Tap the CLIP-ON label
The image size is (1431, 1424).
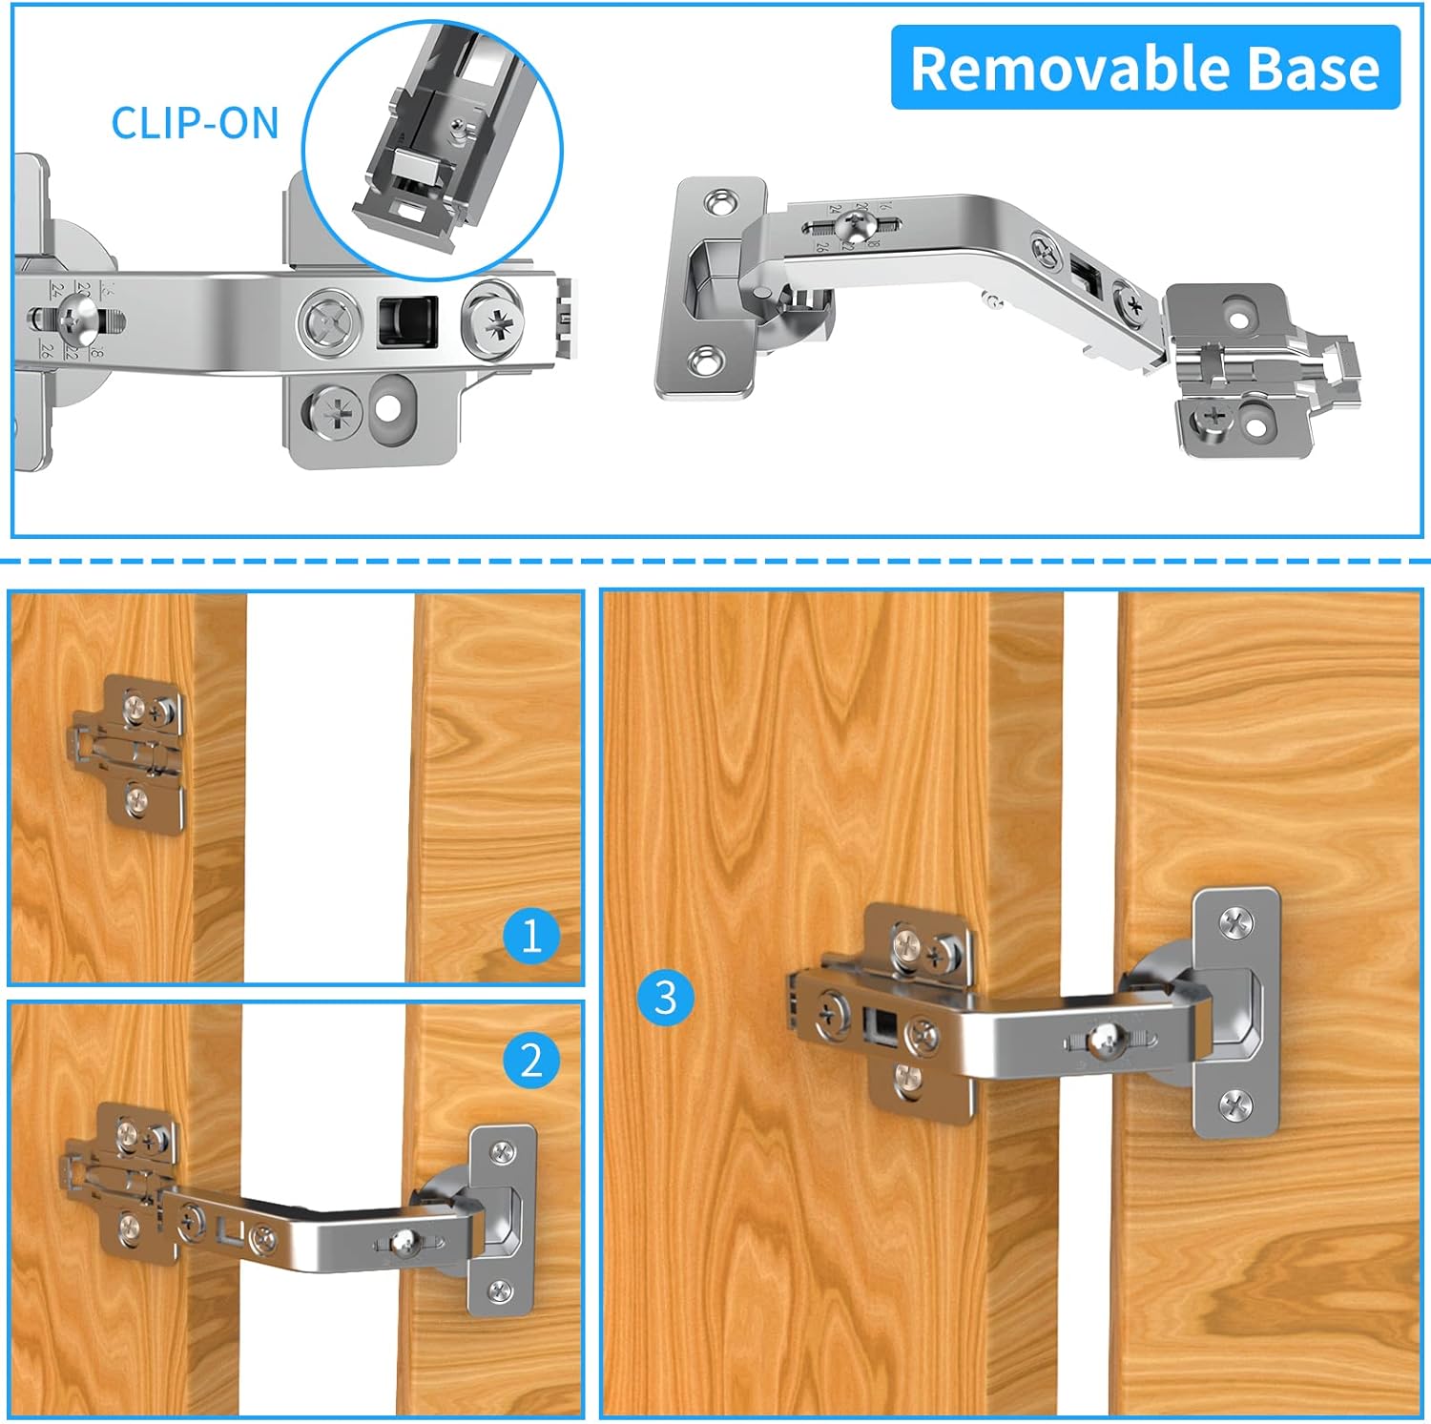click(x=195, y=123)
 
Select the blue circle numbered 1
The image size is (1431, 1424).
click(x=531, y=934)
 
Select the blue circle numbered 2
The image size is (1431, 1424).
click(x=531, y=1060)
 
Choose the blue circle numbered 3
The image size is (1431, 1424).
click(x=666, y=997)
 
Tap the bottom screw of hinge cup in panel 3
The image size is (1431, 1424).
click(x=1236, y=1105)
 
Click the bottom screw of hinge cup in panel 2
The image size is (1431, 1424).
click(x=500, y=1291)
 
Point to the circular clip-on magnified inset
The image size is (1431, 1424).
click(x=433, y=151)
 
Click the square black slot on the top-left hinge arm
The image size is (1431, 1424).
click(x=407, y=322)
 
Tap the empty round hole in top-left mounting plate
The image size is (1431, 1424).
click(x=388, y=409)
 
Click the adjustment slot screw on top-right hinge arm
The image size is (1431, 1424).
click(x=852, y=226)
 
